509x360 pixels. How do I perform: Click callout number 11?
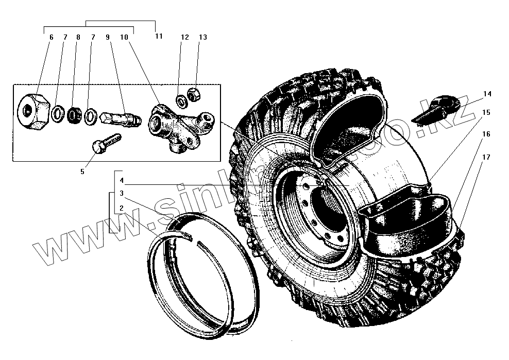coord(158,36)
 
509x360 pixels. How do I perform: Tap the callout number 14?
coord(487,94)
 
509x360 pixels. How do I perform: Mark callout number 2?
coord(122,209)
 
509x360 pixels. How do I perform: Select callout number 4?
coord(122,181)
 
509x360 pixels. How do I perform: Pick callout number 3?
coord(122,194)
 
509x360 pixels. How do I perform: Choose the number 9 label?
coord(108,37)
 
